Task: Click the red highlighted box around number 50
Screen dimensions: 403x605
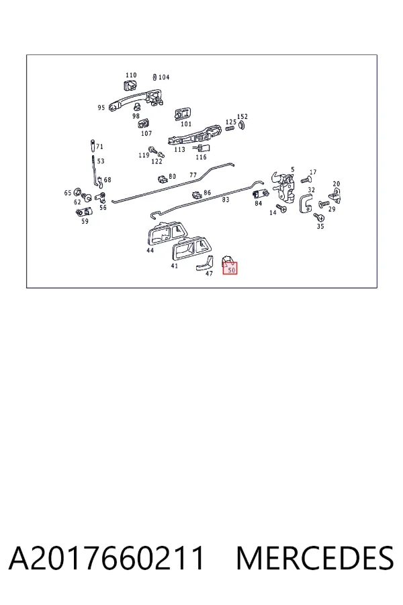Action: tap(230, 268)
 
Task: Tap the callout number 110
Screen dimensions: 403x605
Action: tap(131, 75)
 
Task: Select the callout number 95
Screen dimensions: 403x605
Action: tap(101, 108)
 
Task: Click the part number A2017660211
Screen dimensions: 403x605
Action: tap(106, 558)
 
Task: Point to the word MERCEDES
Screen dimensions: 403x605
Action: tap(315, 558)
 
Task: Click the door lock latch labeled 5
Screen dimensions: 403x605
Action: tap(283, 186)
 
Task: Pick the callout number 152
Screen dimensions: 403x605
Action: tap(242, 116)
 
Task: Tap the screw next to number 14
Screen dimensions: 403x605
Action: tap(281, 208)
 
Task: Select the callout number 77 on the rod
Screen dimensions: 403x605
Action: tap(193, 175)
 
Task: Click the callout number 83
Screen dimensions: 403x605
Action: tap(226, 200)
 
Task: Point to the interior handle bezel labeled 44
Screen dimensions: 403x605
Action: tap(166, 233)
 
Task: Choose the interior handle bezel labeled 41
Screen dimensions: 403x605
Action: tap(189, 247)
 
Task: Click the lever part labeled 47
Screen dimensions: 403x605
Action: tap(204, 263)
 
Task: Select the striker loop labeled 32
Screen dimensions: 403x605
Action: tap(306, 203)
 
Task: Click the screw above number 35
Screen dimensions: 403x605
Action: tap(318, 217)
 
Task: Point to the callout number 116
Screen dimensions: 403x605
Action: tap(201, 157)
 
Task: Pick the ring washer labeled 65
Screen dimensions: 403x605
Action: tap(77, 192)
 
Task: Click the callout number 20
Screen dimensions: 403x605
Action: tap(337, 184)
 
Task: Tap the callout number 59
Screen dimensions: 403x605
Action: tap(85, 221)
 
